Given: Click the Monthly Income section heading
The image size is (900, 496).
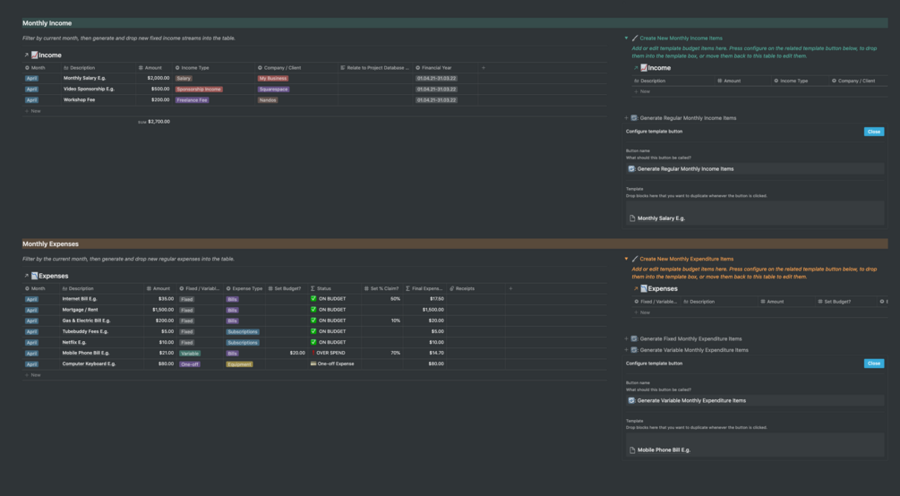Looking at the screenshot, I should coord(47,23).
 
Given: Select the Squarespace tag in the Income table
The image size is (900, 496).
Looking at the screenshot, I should coord(273,90).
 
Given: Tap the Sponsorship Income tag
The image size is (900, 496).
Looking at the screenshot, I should coord(199,90).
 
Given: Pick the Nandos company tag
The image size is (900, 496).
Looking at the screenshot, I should coord(268,100).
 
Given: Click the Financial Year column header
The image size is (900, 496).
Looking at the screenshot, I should coord(437,67).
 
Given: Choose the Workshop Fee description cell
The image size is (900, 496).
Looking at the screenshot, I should coord(79,100).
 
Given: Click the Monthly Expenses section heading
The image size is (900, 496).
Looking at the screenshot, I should coord(50,244).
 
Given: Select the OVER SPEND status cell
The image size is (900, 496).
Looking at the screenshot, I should coord(331,353).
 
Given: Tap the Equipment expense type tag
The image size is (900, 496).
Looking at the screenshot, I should coord(239,364).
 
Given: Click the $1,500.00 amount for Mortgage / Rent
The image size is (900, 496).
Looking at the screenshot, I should coord(160,310).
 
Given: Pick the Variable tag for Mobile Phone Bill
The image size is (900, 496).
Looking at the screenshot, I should coord(190,353).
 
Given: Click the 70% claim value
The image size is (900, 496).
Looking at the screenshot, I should coord(395,353).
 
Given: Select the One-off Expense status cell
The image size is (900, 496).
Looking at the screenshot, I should coord(335,364).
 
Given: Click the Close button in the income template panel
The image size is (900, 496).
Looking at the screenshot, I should coord(874,132).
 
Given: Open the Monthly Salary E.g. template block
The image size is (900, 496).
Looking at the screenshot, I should coord(661,218).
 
